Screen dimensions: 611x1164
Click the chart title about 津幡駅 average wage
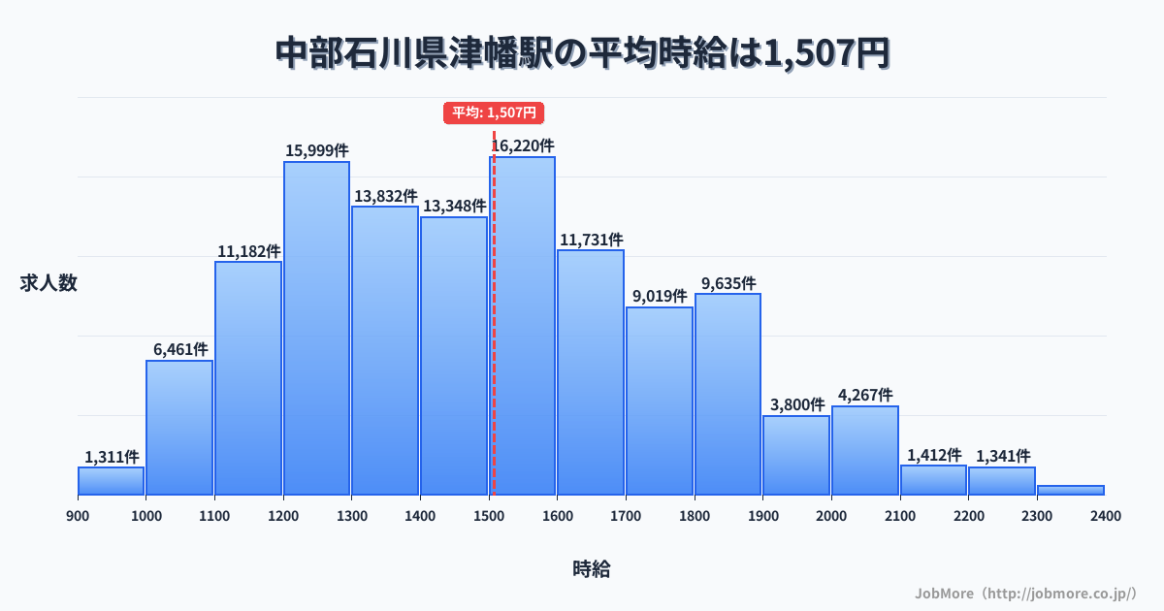tap(582, 52)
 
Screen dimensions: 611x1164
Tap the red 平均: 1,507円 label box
tap(494, 113)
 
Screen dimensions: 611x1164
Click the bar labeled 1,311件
tap(112, 481)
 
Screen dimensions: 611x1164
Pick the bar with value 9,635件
tap(727, 394)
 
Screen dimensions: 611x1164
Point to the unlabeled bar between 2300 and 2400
tap(1071, 490)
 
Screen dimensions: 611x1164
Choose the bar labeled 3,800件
tap(796, 455)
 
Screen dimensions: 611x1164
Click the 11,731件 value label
tap(591, 240)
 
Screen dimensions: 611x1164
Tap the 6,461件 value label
tap(179, 349)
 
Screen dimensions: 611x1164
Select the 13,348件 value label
tap(454, 206)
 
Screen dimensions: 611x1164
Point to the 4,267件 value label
tap(865, 395)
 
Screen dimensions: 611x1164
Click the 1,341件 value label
tap(1003, 456)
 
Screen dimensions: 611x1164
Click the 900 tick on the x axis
tap(78, 516)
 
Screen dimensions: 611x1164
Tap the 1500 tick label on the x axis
tap(489, 516)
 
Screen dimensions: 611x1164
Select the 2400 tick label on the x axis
tap(1105, 516)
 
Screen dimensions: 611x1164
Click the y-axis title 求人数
tap(48, 283)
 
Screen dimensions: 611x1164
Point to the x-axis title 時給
tap(591, 569)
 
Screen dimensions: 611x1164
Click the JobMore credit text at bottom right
tap(1025, 593)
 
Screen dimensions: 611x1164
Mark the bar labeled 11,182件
tap(248, 378)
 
